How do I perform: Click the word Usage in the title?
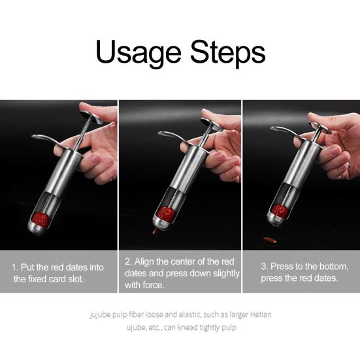tap(139, 54)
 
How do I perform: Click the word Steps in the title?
tap(228, 54)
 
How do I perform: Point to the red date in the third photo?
tap(280, 211)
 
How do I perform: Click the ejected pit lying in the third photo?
tap(270, 240)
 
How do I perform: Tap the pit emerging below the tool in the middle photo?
tap(155, 231)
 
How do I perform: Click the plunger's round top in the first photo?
tap(91, 117)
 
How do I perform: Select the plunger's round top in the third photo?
tap(320, 127)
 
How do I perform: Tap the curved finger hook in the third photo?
tap(284, 131)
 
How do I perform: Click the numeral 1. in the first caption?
tap(15, 267)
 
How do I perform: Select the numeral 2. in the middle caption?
tap(128, 262)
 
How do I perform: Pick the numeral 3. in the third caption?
tap(265, 267)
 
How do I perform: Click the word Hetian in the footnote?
tap(261, 314)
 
